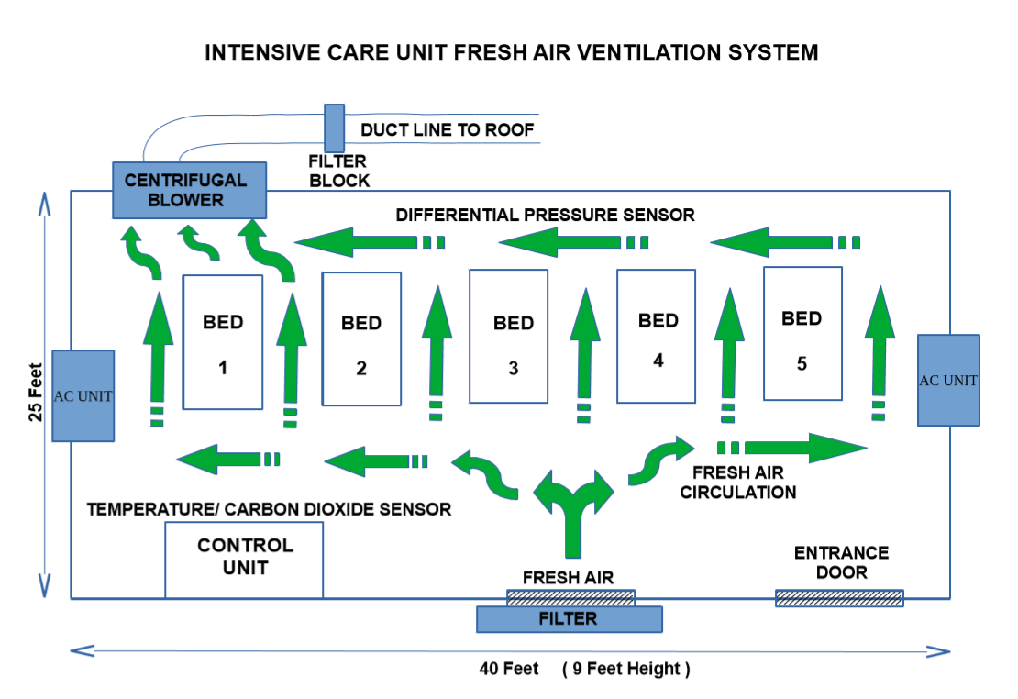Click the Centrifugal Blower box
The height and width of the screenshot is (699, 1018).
click(x=189, y=190)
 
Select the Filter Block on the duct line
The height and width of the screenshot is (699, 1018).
click(x=335, y=128)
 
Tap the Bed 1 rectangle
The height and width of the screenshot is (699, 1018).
click(x=223, y=342)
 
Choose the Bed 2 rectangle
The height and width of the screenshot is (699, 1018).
click(x=361, y=339)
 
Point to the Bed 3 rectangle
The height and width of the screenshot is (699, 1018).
click(x=508, y=336)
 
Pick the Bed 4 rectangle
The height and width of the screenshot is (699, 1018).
click(x=656, y=336)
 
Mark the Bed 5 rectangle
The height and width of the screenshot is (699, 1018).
click(x=802, y=333)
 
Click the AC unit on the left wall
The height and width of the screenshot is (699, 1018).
click(x=83, y=395)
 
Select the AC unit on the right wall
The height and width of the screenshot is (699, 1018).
click(x=948, y=380)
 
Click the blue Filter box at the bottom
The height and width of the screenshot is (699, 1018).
click(x=569, y=619)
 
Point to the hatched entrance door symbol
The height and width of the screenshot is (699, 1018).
click(x=839, y=598)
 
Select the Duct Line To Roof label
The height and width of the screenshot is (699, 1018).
click(x=447, y=129)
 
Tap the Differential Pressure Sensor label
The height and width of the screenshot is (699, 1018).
click(x=545, y=215)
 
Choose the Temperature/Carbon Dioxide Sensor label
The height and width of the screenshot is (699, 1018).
click(x=269, y=508)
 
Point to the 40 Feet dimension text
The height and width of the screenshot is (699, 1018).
click(x=509, y=669)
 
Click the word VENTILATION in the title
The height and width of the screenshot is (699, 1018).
click(x=623, y=52)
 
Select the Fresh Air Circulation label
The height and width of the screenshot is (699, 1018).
click(x=744, y=483)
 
